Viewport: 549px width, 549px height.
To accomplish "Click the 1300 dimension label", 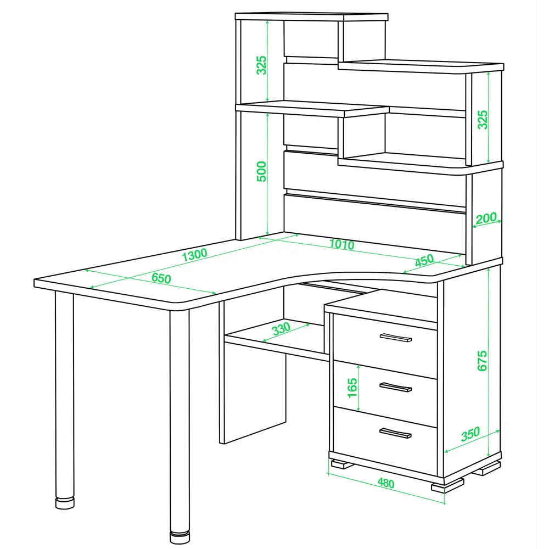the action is pos(195,255).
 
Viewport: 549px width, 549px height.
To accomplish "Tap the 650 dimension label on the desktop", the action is pos(161,278).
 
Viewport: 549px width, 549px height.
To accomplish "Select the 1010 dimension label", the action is pos(341,244).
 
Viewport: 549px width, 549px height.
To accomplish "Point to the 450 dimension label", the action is pos(424,260).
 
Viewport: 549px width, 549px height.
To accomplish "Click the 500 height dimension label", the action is pos(261,171).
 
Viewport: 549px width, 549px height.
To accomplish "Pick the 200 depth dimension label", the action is pos(486,218).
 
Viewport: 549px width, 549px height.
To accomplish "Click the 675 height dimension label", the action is pos(482,361).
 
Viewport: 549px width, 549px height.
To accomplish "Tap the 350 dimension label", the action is pos(470,434).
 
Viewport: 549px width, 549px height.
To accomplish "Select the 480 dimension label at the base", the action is pos(386,483).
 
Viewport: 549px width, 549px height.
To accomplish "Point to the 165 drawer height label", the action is pos(352,388).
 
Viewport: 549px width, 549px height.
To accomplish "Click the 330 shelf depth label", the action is pos(281,328).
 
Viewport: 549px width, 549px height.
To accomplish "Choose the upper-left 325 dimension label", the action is pos(261,65).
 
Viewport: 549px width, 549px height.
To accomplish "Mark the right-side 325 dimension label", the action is pos(483,120).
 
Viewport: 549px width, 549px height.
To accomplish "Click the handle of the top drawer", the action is pos(396,338).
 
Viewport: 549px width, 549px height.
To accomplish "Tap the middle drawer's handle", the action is pos(396,387).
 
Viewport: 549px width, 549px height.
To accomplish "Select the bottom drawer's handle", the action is pos(396,434).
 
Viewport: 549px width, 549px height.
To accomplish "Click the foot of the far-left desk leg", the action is pos(65,503).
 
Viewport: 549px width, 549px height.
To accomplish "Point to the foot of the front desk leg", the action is pos(180,538).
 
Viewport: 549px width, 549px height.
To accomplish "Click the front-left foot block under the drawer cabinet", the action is pos(341,464).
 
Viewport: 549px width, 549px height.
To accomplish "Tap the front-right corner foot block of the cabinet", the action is pos(447,486).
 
